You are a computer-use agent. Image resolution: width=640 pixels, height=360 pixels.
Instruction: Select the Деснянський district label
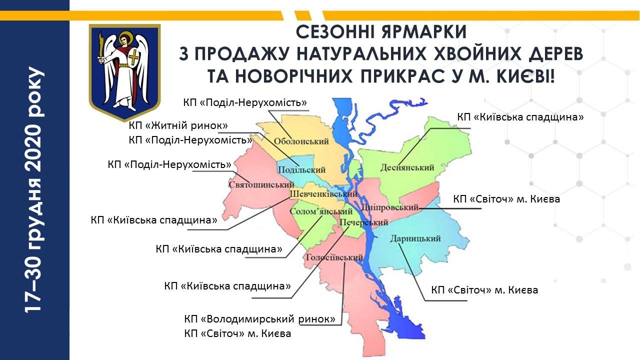[407, 168]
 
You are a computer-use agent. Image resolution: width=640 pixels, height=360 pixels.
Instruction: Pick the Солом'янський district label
[318, 211]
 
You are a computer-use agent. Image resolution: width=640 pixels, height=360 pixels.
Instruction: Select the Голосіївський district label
[333, 258]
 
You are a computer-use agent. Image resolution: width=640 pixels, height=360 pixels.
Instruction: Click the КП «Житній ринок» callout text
[178, 125]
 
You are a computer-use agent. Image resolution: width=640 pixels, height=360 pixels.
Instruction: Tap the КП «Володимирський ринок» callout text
[259, 318]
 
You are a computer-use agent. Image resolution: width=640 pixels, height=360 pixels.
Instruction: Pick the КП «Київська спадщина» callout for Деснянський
[520, 117]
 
